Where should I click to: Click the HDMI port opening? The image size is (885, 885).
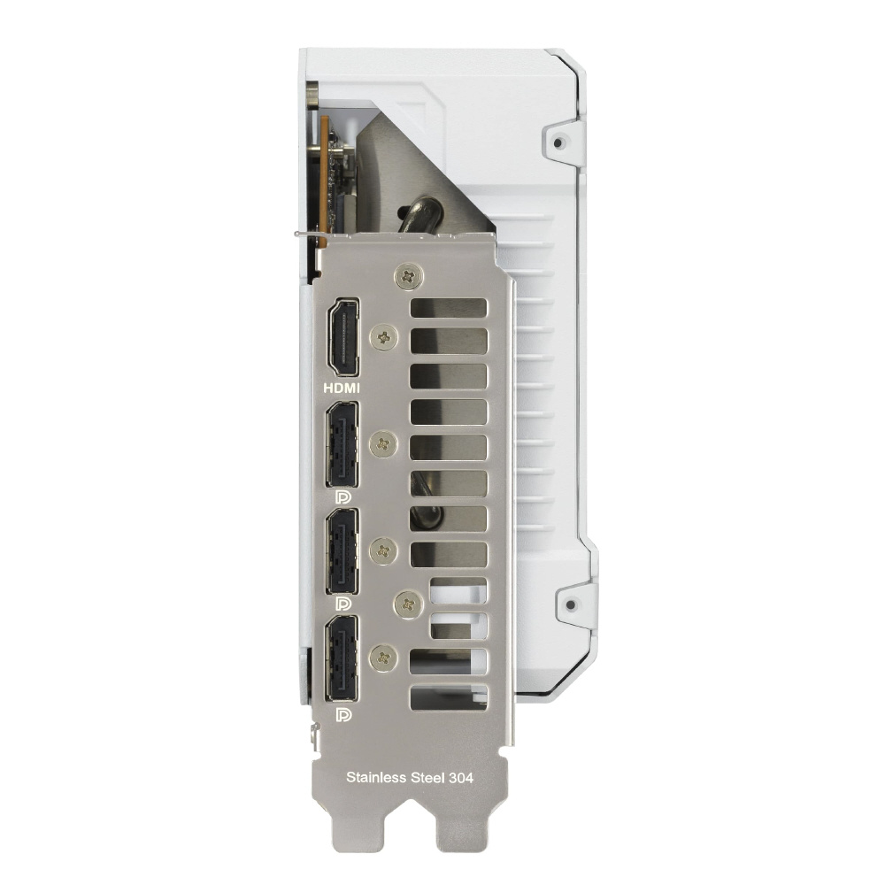coord(343,337)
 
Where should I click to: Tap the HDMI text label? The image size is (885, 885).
coord(342,389)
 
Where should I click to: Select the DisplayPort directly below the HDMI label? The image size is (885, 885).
coord(342,444)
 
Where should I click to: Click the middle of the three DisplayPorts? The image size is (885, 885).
coord(342,550)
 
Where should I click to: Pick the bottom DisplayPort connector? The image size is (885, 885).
coord(342,658)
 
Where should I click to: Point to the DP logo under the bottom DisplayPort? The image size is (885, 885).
coord(343,715)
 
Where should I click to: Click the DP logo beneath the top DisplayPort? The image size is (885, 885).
coord(343,497)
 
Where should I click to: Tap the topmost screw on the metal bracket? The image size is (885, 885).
coord(409,276)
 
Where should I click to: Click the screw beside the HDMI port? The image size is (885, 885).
coord(384,338)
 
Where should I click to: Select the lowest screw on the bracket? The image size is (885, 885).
coord(384,658)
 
